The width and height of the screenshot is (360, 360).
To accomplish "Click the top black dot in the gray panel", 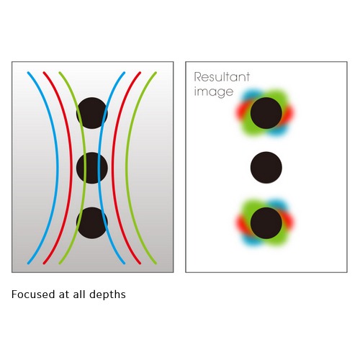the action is coord(92,113).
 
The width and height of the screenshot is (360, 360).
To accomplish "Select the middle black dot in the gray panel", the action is coord(92,168).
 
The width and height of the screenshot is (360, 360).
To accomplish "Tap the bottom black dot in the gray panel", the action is coord(92,223).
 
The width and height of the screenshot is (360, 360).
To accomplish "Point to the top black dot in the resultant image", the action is coord(266,113).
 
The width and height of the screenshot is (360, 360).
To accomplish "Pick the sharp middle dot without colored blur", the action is coord(266,168).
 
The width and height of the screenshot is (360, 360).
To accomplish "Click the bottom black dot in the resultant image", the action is coord(266,223).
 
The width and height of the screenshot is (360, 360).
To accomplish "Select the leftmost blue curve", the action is coord(57,168).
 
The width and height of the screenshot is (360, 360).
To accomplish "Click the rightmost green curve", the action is coord(127,168).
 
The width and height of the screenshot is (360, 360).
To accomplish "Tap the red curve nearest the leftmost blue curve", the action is coord(71,168).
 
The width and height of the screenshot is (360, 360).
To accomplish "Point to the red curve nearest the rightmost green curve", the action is coord(113,168).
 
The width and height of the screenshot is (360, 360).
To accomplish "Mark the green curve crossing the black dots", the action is coord(85,168).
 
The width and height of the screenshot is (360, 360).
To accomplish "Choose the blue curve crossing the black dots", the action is coord(99,168).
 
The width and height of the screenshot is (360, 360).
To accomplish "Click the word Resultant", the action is coord(222,77).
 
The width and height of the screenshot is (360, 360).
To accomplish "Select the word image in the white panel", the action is coord(214,92).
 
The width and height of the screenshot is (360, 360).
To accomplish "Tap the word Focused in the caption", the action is coord(33,294).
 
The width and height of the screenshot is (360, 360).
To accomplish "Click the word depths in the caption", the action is coord(107,294).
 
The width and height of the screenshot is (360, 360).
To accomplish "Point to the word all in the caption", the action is coord(79,294).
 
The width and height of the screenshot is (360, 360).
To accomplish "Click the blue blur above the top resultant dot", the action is coord(252,95).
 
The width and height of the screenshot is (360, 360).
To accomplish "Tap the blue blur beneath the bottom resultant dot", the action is coord(252,240).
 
